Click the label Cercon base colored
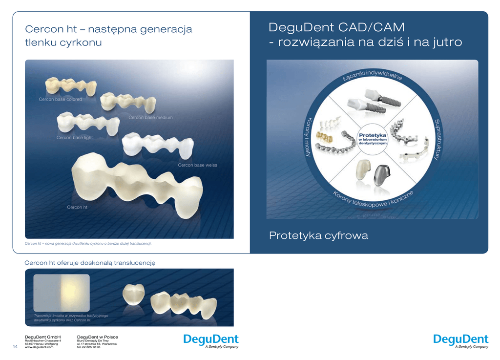(60, 99)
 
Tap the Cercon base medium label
(150, 118)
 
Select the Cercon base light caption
(74, 138)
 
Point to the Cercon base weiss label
(197, 165)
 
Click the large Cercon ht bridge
(137, 183)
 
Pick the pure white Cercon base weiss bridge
(157, 145)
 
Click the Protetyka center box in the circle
(373, 139)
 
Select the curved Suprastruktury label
(437, 140)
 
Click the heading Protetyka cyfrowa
(318, 236)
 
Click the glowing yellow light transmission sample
(75, 293)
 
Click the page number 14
(15, 347)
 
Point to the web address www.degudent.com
(39, 347)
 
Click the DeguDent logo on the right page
(460, 339)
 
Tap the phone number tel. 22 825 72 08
(89, 347)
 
